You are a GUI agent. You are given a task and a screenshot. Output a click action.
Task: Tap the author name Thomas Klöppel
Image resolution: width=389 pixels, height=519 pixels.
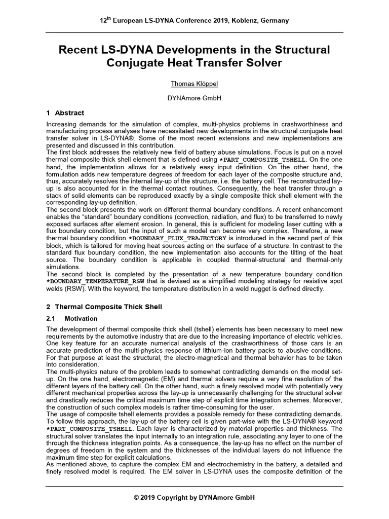pyautogui.click(x=194, y=84)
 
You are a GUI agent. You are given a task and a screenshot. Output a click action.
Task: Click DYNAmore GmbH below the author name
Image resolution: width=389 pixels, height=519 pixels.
pyautogui.click(x=194, y=98)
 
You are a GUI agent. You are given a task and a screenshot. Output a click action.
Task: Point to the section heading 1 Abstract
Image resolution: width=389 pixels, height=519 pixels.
pyautogui.click(x=65, y=113)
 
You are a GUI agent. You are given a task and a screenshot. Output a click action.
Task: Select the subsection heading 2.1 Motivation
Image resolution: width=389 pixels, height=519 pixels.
pyautogui.click(x=81, y=319)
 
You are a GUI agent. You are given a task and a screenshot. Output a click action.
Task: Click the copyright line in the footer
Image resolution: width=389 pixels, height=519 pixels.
pyautogui.click(x=194, y=498)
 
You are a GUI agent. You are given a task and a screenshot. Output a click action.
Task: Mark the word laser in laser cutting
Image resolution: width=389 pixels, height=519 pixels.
pyautogui.click(x=283, y=224)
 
